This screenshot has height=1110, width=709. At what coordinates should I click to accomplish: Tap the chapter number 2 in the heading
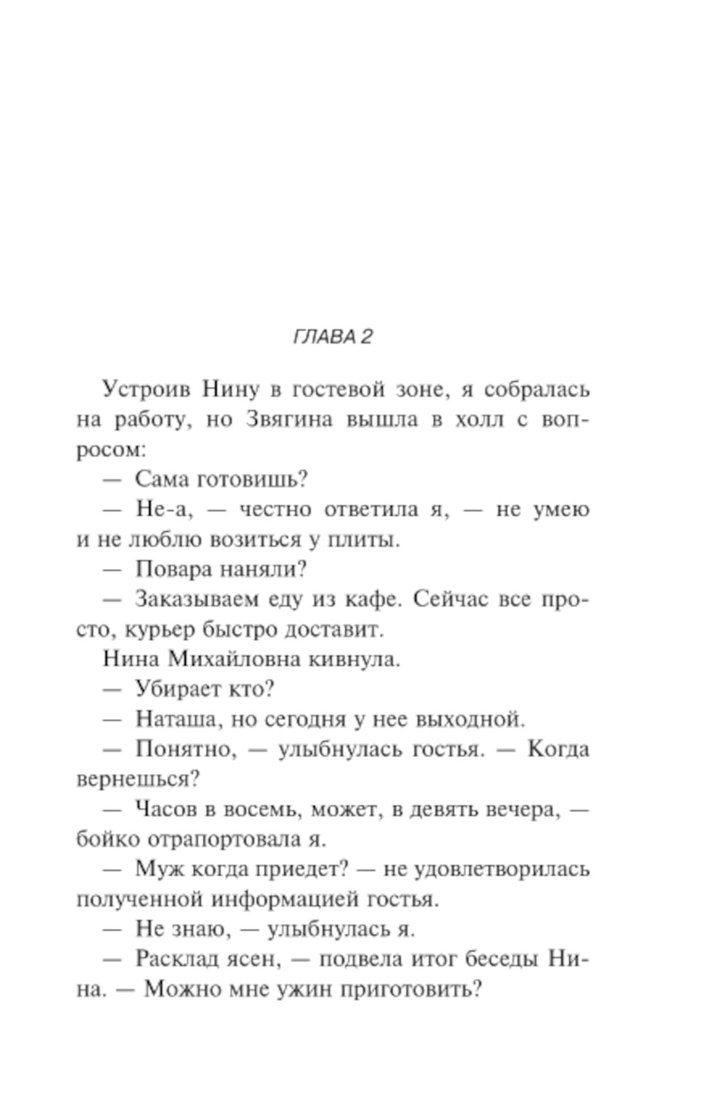pos(366,336)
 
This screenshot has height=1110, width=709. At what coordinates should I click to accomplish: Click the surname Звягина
pos(289,419)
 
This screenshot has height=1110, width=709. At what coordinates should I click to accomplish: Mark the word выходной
pos(469,719)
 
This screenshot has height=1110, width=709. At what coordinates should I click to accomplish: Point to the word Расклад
pos(179,959)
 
